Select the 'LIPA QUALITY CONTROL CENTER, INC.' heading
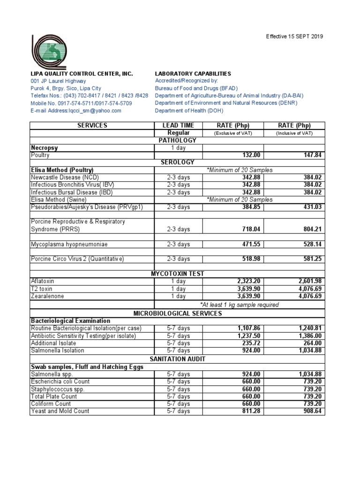click(x=82, y=74)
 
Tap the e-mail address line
click(x=76, y=111)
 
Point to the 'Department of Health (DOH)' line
click(x=189, y=111)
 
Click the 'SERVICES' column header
click(x=92, y=126)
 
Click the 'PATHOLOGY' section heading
click(x=178, y=140)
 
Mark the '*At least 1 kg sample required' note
click(x=240, y=305)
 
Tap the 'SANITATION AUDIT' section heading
click(x=178, y=359)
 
